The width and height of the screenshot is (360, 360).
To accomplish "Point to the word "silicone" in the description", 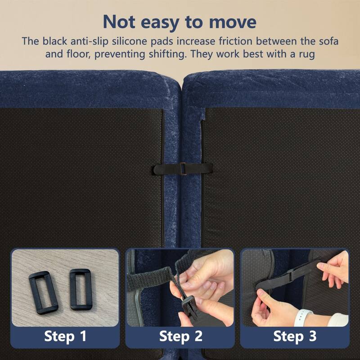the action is pos(129,41).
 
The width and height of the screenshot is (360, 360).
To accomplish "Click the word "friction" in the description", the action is pos(235,41).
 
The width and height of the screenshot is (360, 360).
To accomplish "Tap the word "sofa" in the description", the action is pos(329,41).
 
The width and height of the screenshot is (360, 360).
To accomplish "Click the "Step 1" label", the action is pos(65,336).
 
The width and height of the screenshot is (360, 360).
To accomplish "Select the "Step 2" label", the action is pos(181,336).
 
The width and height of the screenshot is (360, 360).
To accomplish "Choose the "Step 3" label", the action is pos(295,336).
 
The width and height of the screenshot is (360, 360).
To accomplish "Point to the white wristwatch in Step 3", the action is pos(302,317).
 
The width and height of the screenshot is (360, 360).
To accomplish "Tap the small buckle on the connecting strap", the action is pos(183,169).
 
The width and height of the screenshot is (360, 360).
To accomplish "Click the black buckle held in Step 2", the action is pos(190,306).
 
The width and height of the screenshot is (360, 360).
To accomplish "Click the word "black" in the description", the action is pos(54,41).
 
